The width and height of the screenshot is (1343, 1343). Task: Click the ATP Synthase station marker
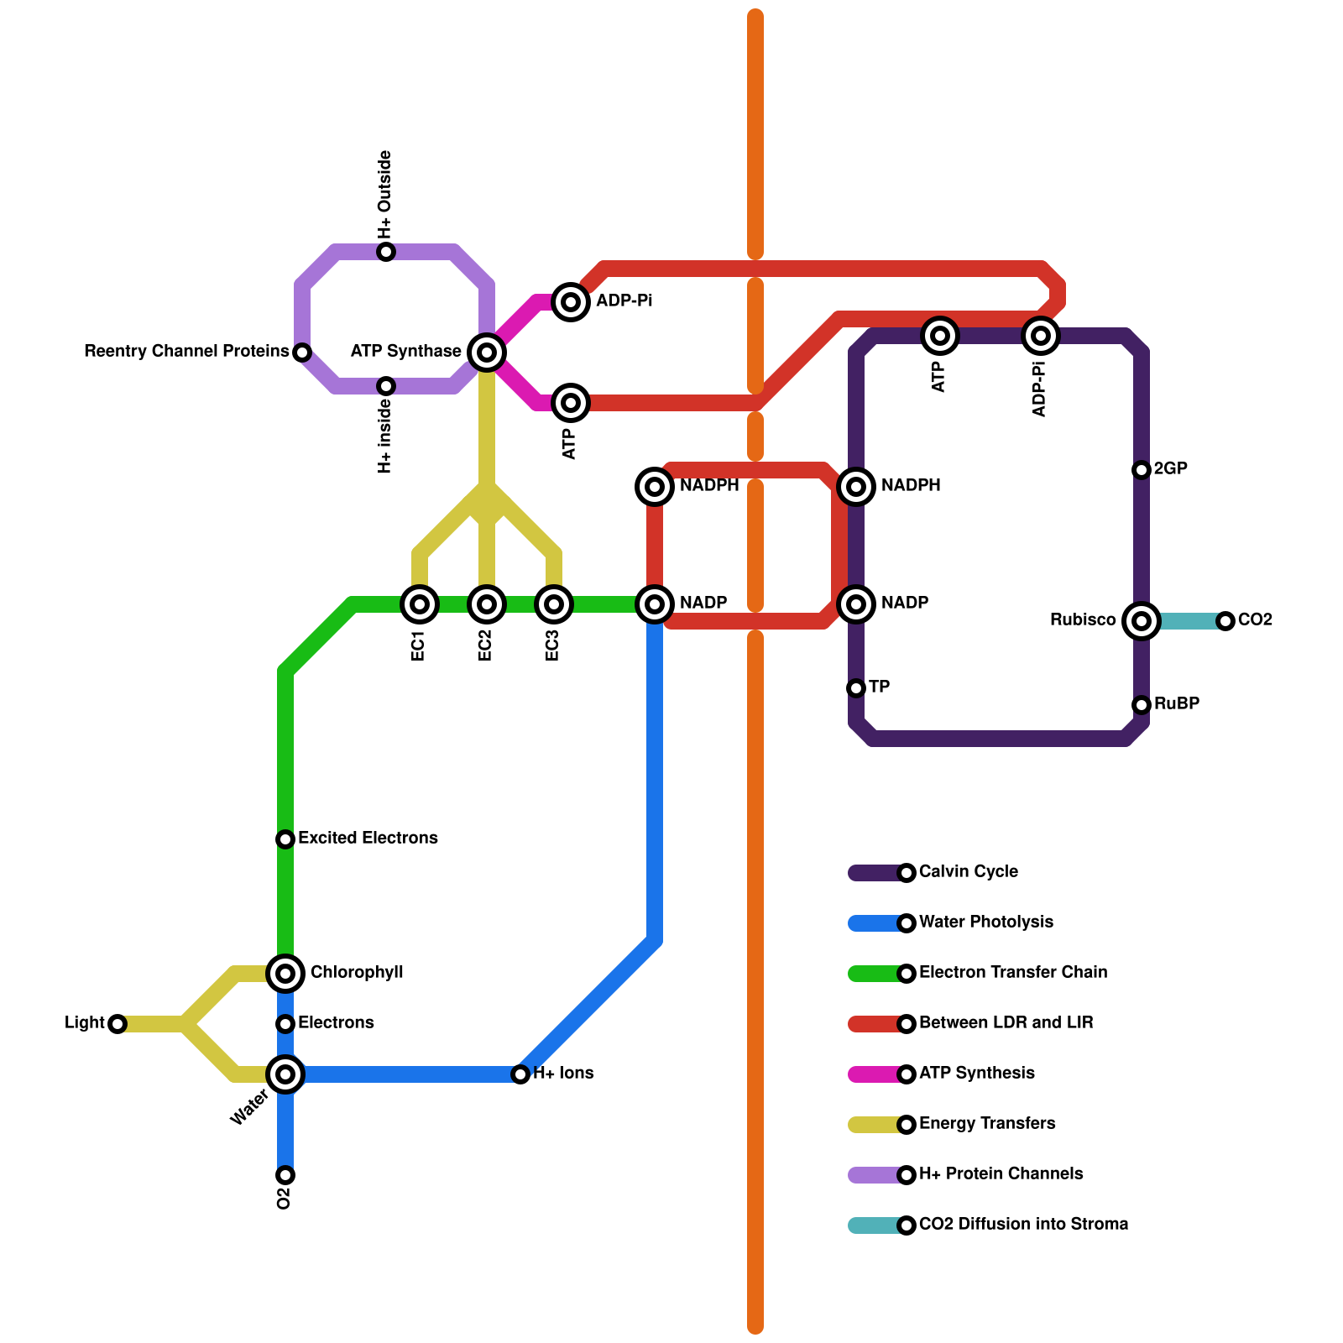487,352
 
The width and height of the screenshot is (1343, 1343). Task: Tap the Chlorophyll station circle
285,973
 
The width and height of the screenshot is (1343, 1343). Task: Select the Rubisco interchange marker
1142,620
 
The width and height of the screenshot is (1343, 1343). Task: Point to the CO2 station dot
1225,620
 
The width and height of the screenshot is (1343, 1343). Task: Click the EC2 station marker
487,604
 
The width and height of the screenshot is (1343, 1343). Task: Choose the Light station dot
118,1023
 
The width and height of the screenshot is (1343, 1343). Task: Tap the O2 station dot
285,1174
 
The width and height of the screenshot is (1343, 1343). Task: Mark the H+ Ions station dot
520,1074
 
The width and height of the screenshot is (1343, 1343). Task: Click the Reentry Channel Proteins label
186,351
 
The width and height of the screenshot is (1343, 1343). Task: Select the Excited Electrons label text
368,838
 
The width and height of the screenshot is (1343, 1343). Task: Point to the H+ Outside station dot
386,251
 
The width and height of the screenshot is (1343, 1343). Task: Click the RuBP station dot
1142,704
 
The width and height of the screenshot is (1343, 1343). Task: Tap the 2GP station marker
1142,469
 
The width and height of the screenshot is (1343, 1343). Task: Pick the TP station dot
856,687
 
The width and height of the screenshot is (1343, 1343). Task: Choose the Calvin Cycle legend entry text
968,871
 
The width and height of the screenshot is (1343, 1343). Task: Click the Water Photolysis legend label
985,922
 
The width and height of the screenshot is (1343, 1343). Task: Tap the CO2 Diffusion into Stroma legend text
1023,1224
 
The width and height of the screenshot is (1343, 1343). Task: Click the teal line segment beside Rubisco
1188,621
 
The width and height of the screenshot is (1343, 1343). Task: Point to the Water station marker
285,1074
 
